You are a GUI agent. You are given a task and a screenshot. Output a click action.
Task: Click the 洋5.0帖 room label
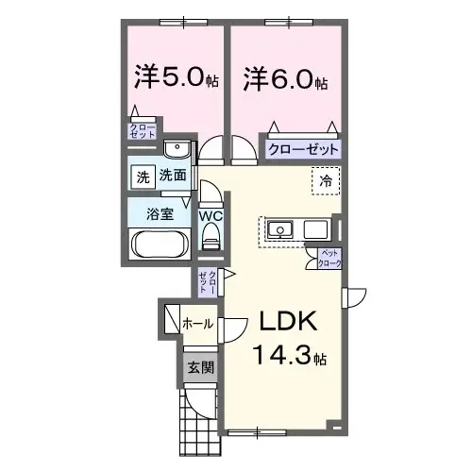point(177,78)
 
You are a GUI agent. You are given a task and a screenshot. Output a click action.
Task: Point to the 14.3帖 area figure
point(289,358)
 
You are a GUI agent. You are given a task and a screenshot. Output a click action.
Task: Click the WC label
point(211,216)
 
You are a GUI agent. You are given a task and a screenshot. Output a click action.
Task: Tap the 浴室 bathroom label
point(159,213)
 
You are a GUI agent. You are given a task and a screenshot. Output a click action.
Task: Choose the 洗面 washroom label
point(172,176)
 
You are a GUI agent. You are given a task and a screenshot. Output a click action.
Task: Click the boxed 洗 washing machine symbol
point(142,177)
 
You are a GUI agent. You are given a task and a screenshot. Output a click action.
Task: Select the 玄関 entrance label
point(197,367)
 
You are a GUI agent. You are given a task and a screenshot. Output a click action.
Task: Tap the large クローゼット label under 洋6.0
point(302,149)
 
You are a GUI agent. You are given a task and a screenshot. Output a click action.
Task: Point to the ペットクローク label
point(329,258)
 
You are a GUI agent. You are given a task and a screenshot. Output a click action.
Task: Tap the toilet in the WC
point(211,242)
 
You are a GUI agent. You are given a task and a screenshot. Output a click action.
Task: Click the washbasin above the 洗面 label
point(176,149)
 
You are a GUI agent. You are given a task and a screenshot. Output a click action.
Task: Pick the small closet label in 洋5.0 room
point(143,132)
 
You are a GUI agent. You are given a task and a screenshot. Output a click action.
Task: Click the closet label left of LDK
point(208,280)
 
